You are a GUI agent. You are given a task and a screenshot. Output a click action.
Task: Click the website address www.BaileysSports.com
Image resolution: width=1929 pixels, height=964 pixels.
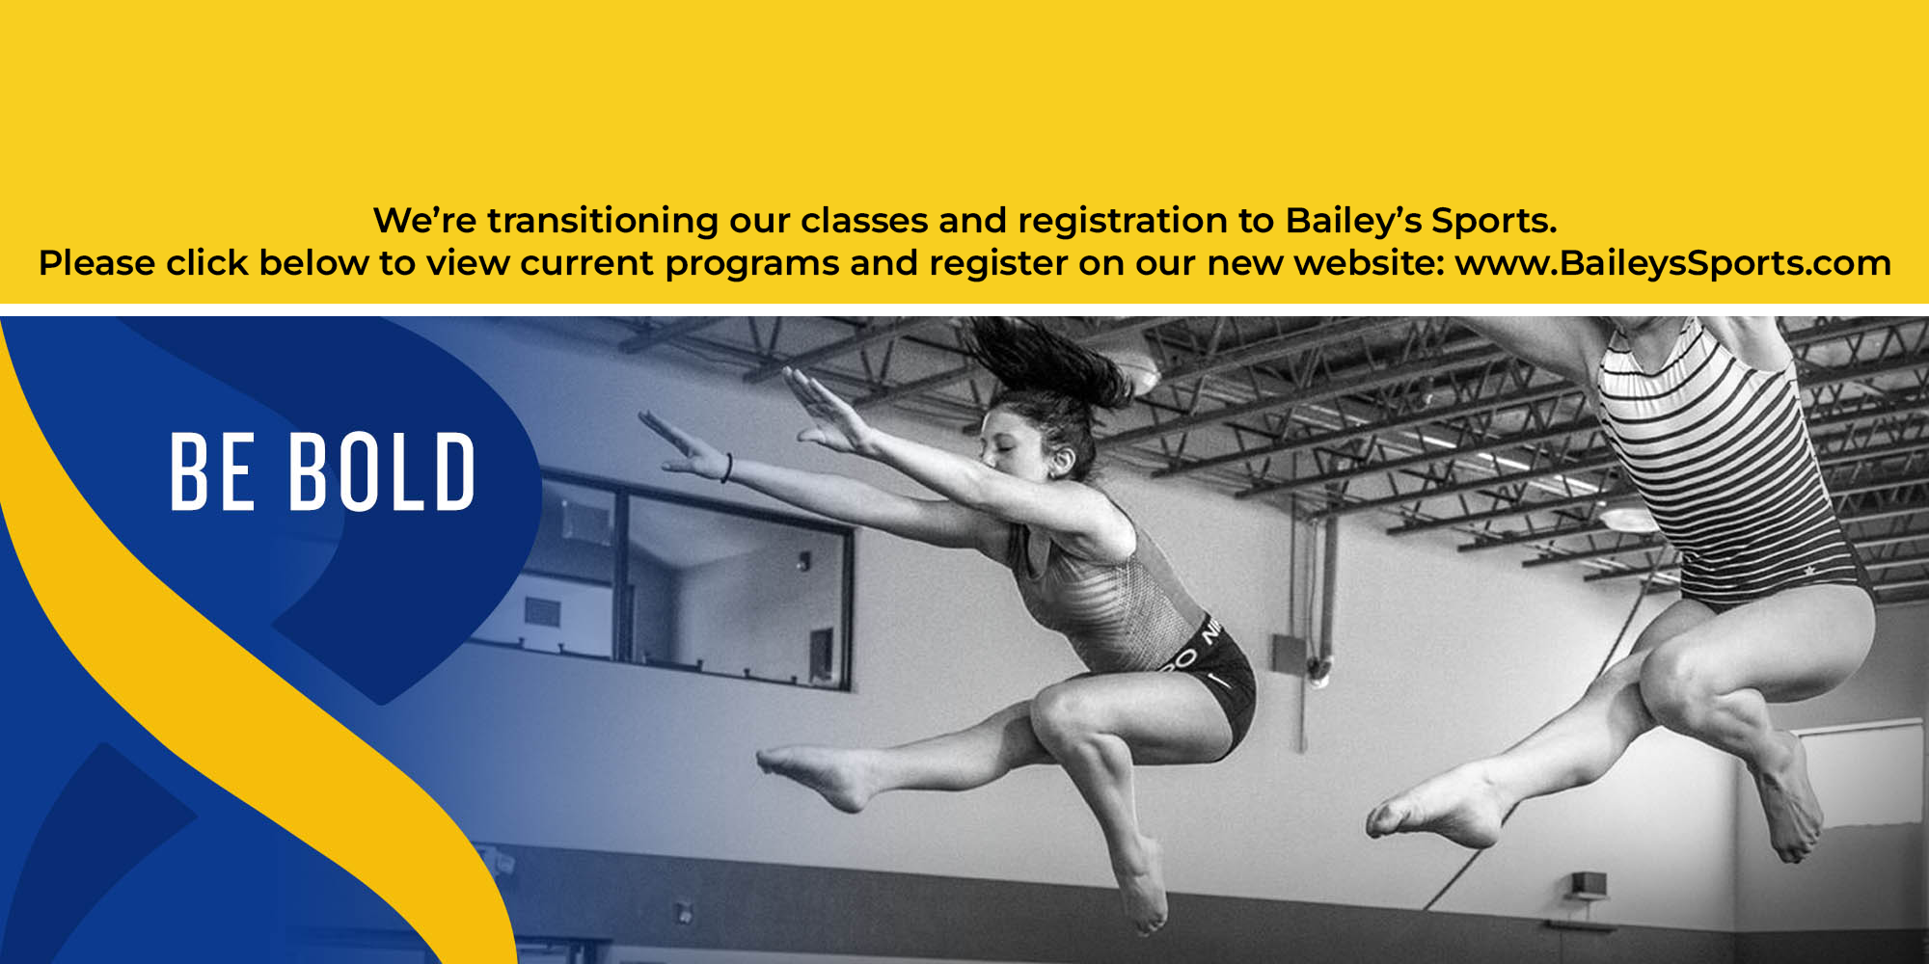(1672, 263)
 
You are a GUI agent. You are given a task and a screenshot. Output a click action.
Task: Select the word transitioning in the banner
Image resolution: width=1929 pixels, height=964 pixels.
(602, 221)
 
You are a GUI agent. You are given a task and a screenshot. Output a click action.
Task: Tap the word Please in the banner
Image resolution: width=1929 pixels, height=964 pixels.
(96, 263)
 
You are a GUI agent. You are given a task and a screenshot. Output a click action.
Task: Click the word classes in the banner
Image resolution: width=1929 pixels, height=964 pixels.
(864, 221)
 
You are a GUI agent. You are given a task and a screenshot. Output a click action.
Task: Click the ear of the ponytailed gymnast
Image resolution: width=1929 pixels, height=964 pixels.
(1063, 462)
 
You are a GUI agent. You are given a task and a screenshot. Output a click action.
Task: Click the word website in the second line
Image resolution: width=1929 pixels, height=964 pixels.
(1369, 263)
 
